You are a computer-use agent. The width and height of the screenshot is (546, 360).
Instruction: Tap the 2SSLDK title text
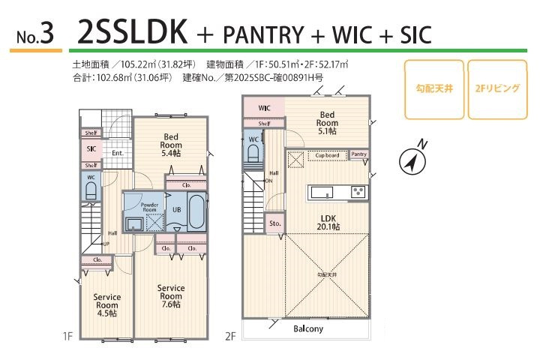(132, 34)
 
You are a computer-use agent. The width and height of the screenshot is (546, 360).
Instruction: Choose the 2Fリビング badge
(497, 88)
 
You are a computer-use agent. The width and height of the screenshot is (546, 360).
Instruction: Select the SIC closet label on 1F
(91, 149)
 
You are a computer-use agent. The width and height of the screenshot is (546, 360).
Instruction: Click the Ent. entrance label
(118, 154)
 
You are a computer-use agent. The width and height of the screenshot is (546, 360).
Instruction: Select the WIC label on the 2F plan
(264, 108)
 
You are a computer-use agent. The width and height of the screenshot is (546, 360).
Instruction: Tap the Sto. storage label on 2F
(274, 223)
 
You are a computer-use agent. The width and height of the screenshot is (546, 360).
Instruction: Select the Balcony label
(308, 328)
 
